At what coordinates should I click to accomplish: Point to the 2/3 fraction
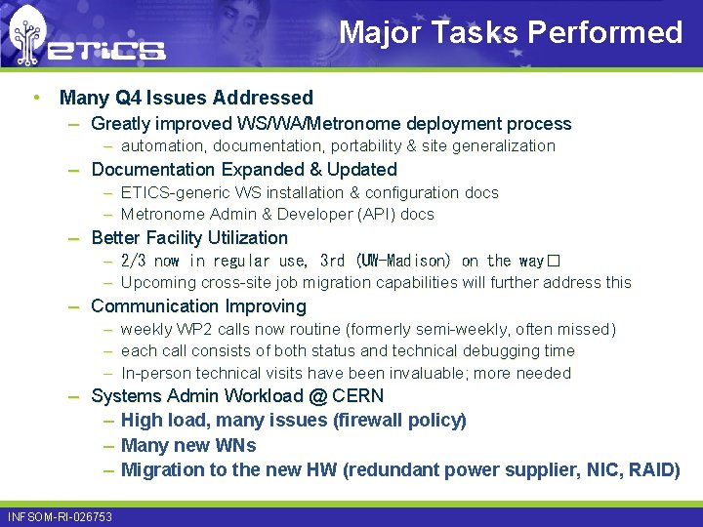pos(135,261)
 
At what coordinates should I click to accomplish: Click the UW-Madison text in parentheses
pos(405,261)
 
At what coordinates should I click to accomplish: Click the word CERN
pos(358,396)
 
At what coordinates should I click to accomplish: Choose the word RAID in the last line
pos(653,470)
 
